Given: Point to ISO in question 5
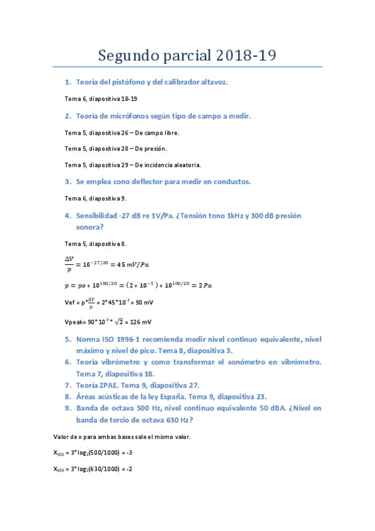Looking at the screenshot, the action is (x=104, y=339).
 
